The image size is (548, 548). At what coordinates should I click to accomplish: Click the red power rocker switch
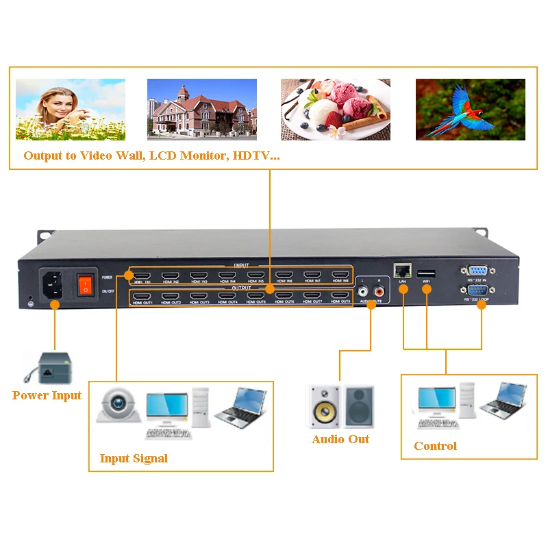(x=84, y=284)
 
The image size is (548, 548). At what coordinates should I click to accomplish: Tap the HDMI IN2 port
(x=171, y=276)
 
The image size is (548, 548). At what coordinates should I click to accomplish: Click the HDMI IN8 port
(x=340, y=276)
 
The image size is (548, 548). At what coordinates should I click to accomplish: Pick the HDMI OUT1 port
(x=142, y=297)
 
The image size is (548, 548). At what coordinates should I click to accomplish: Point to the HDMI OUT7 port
(x=312, y=297)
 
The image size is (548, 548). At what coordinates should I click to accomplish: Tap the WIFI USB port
(x=426, y=273)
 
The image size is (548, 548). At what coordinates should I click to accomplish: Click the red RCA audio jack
(x=379, y=290)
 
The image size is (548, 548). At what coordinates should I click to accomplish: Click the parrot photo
(x=470, y=110)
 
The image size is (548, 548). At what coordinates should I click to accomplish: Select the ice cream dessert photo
(x=335, y=110)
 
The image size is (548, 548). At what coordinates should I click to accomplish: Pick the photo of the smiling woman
(x=70, y=110)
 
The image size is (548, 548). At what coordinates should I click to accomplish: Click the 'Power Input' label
(x=47, y=395)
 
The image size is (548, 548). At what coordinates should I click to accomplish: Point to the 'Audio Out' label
(x=340, y=439)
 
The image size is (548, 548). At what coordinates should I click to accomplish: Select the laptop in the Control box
(x=503, y=400)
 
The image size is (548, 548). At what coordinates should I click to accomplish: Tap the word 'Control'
(x=435, y=446)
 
